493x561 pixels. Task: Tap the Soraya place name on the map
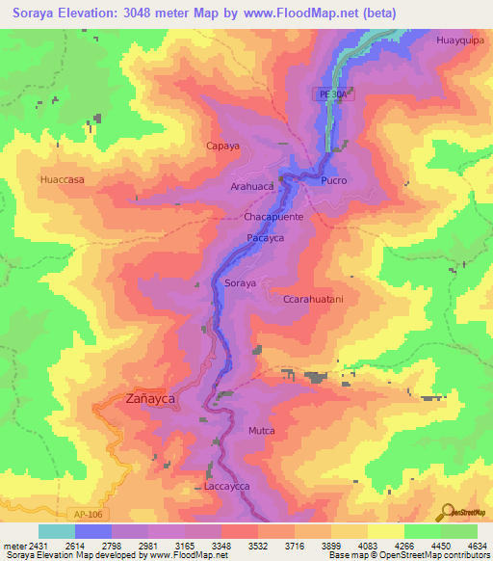pyautogui.click(x=240, y=283)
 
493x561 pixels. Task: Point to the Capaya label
pyautogui.click(x=222, y=146)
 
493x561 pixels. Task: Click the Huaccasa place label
pyautogui.click(x=63, y=179)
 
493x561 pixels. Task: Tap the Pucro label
pyautogui.click(x=333, y=180)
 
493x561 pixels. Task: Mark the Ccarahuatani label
pyautogui.click(x=313, y=300)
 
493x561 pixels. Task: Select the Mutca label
pyautogui.click(x=261, y=430)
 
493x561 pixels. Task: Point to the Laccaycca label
pyautogui.click(x=227, y=488)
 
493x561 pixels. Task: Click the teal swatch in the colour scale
pyautogui.click(x=57, y=531)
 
